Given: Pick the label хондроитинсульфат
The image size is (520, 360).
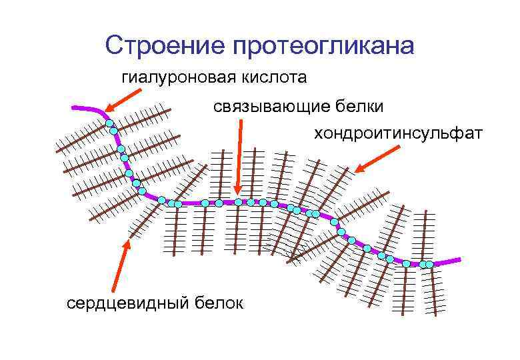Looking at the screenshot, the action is [x=398, y=133].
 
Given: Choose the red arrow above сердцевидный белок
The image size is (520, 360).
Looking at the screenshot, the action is [x=124, y=267].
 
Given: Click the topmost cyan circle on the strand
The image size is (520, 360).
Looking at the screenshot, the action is [x=109, y=123].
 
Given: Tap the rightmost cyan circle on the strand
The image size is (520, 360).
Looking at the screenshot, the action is [x=430, y=265].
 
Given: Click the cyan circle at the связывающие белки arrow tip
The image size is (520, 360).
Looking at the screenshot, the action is [x=238, y=201].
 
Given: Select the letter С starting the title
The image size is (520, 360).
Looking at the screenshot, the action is [x=114, y=45].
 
